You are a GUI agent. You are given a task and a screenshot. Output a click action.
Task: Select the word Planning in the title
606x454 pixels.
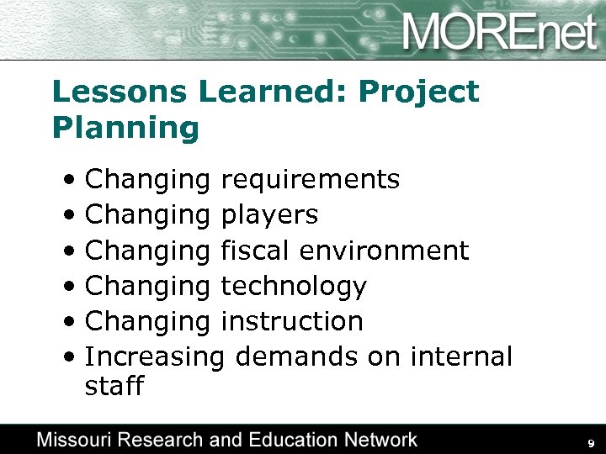click(x=125, y=129)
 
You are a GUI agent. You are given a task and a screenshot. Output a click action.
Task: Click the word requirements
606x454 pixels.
click(x=310, y=180)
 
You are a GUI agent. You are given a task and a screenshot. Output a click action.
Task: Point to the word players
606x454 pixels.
click(x=269, y=216)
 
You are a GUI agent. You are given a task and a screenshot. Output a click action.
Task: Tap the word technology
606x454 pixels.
click(x=294, y=287)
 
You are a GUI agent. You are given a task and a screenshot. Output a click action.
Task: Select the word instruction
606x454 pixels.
click(x=292, y=322)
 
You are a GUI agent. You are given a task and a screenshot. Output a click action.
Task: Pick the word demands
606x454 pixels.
click(x=298, y=357)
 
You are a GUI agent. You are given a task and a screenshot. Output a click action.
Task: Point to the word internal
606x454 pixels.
click(x=461, y=357)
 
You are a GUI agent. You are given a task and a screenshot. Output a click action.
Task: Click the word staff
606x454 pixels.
click(x=114, y=387)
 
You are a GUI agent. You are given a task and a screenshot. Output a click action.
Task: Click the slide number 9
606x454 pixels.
click(x=592, y=443)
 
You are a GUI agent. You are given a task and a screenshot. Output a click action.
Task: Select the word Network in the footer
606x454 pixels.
click(x=378, y=439)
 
